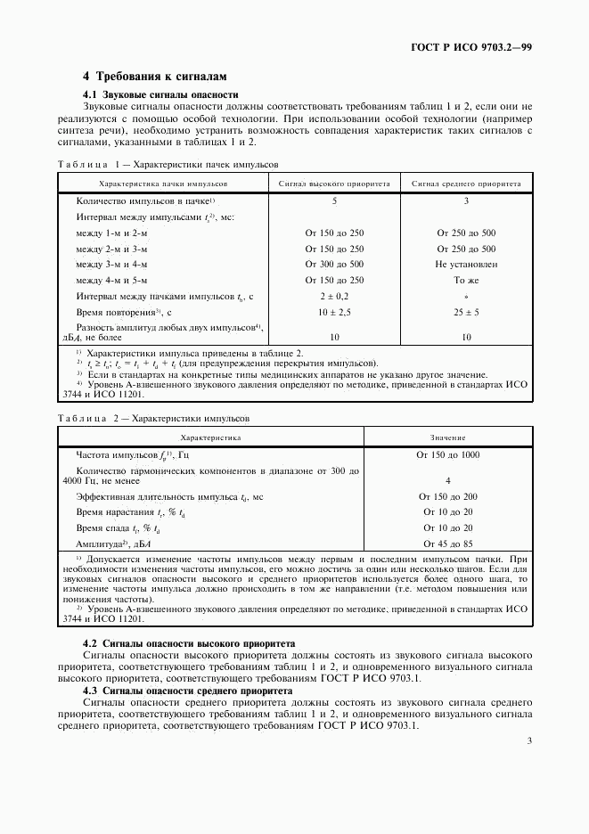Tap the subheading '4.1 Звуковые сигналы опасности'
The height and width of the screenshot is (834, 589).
click(160, 94)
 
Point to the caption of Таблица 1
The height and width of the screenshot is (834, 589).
click(168, 165)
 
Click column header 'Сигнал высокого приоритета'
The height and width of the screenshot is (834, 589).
click(334, 184)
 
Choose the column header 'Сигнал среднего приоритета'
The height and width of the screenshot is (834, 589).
click(466, 184)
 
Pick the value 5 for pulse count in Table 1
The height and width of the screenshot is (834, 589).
click(334, 201)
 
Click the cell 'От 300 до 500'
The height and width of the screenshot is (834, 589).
click(334, 265)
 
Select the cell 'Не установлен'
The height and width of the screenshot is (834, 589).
click(466, 265)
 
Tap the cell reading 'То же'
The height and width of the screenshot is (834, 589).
click(466, 281)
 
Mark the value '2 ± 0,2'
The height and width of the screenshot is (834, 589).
click(334, 297)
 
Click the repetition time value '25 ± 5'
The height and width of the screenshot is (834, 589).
click(466, 313)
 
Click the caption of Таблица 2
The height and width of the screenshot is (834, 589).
click(155, 418)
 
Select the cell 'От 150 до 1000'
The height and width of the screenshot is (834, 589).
click(447, 454)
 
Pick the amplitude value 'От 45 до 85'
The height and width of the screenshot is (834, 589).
click(447, 543)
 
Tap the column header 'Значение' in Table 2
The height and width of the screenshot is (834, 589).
click(447, 437)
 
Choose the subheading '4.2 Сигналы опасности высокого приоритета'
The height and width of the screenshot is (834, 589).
click(189, 643)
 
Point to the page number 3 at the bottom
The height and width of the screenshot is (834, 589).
click(529, 740)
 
